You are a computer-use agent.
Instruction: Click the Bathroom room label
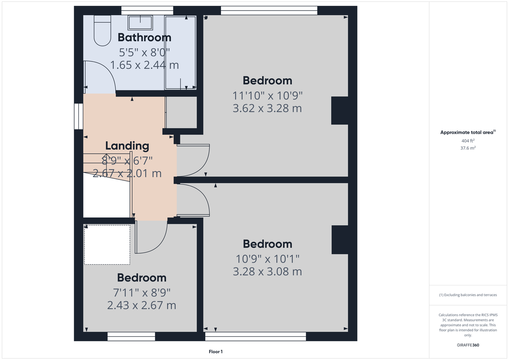[x=144, y=37]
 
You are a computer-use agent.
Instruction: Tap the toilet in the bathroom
[x=101, y=31]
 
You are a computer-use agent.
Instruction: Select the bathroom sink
[x=140, y=22]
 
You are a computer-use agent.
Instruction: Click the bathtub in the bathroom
[x=180, y=53]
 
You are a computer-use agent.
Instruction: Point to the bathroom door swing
[x=100, y=76]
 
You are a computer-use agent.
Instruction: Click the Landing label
[x=127, y=146]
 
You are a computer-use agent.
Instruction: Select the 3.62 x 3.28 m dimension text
[x=267, y=109]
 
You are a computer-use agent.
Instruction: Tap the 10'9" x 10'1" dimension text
[x=267, y=258]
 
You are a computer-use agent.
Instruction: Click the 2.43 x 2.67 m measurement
[x=142, y=305]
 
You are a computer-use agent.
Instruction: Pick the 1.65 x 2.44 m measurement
[x=144, y=65]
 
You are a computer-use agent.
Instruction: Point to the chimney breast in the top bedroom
[x=339, y=111]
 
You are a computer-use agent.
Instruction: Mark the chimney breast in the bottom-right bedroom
[x=339, y=240]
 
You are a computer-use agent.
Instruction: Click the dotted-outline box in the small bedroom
[x=107, y=245]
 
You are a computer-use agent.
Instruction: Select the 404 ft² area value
[x=468, y=141]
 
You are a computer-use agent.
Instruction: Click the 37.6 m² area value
[x=468, y=148]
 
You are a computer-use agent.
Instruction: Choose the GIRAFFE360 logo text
[x=468, y=345]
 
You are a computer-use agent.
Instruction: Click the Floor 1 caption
[x=215, y=352]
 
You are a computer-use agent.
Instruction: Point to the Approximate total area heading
[x=467, y=133]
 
